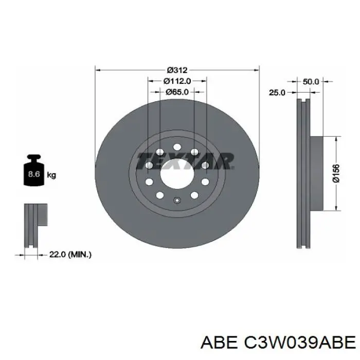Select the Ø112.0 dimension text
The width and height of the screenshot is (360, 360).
tap(177, 81)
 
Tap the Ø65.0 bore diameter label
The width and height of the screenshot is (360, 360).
tap(177, 92)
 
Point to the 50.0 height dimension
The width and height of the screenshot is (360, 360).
tap(311, 81)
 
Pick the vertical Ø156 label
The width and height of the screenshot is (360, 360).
tap(335, 174)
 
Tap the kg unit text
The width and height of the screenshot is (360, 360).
tap(51, 175)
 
